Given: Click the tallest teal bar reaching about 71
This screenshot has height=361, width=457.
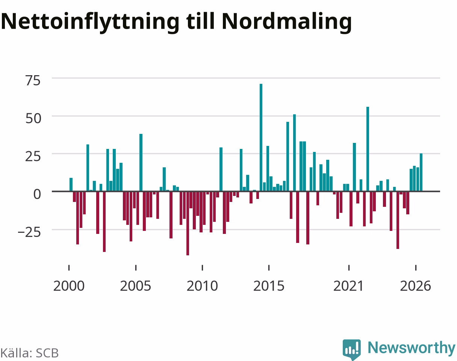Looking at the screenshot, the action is pyautogui.click(x=261, y=138).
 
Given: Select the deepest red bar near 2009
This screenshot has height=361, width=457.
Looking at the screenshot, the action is pyautogui.click(x=188, y=223).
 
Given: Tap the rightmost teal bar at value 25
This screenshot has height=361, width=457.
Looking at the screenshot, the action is pyautogui.click(x=421, y=172).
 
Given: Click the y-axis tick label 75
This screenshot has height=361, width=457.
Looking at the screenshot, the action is pyautogui.click(x=33, y=81).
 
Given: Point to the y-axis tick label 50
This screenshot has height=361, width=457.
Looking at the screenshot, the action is pyautogui.click(x=33, y=118).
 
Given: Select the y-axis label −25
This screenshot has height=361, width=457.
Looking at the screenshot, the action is pyautogui.click(x=29, y=232).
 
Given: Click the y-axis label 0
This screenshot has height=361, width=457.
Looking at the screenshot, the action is pyautogui.click(x=37, y=194).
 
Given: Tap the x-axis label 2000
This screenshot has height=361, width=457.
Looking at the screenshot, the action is pyautogui.click(x=69, y=286).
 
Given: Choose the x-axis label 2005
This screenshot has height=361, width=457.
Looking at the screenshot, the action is pyautogui.click(x=136, y=286).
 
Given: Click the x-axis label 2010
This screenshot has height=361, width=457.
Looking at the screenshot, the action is pyautogui.click(x=202, y=286).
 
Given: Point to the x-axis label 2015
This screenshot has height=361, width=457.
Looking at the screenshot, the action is pyautogui.click(x=269, y=286).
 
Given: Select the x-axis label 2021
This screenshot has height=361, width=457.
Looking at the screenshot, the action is pyautogui.click(x=349, y=286).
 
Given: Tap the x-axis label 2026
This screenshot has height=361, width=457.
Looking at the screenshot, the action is pyautogui.click(x=415, y=286).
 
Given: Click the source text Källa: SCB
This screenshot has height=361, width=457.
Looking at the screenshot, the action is pyautogui.click(x=30, y=353).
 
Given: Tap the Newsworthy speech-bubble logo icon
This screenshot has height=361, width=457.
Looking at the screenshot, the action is pyautogui.click(x=352, y=349).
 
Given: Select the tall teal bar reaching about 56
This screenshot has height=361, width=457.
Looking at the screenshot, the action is pyautogui.click(x=368, y=149).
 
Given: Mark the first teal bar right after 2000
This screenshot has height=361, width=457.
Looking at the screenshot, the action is pyautogui.click(x=71, y=184).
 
